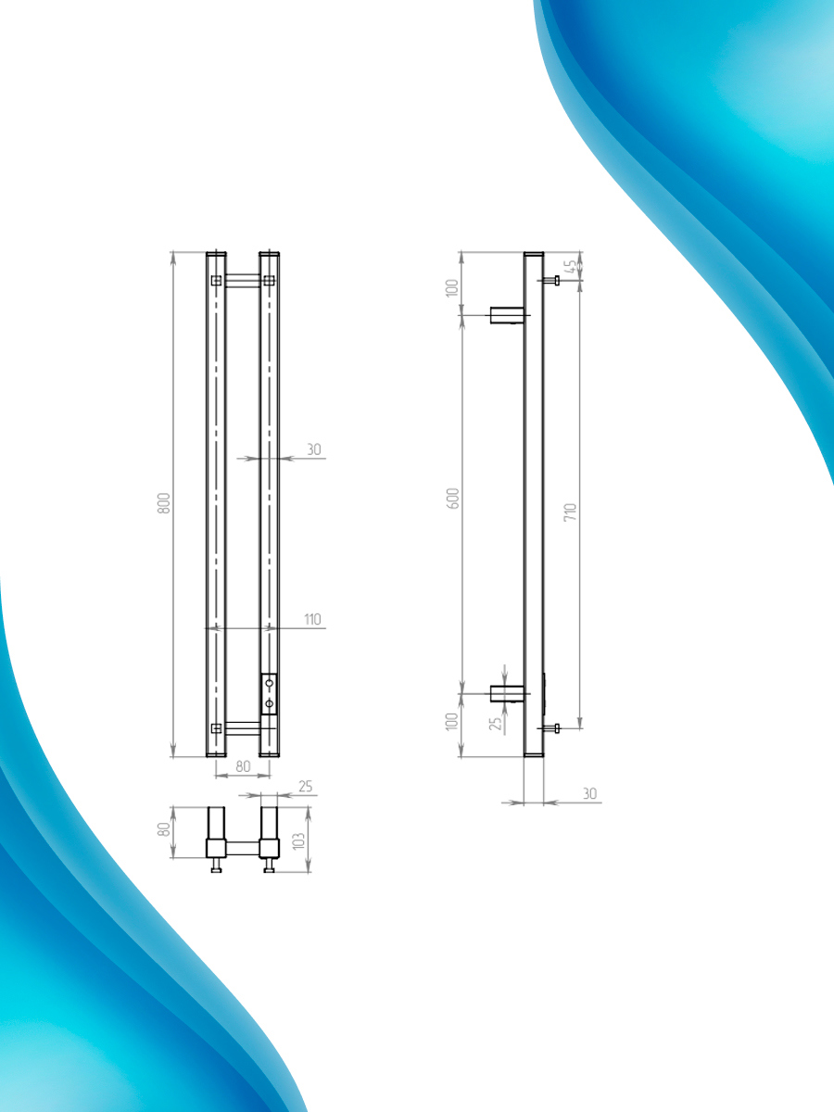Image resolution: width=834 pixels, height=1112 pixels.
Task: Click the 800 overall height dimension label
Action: [x=164, y=503]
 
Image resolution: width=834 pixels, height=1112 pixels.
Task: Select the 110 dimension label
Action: [x=312, y=619]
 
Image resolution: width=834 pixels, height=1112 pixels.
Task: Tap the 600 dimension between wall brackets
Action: [x=454, y=499]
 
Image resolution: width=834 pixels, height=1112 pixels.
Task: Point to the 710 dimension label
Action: [x=570, y=512]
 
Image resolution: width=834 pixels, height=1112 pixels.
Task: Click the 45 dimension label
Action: [x=570, y=267]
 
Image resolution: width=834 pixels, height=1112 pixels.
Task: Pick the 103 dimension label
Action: [x=298, y=840]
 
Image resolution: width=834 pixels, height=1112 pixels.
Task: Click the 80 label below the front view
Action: [x=243, y=766]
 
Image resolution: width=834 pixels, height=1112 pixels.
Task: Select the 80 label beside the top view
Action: [x=164, y=829]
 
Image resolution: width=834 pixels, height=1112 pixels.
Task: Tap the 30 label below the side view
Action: [x=589, y=793]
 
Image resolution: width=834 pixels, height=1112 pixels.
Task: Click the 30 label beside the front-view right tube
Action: [x=314, y=449]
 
